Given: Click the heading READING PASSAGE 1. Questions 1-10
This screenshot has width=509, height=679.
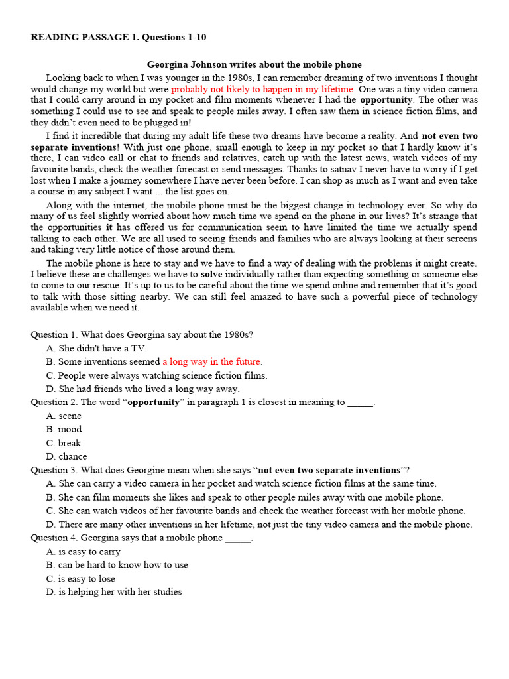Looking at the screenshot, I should pyautogui.click(x=119, y=37).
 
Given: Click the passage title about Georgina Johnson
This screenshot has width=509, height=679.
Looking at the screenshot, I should pyautogui.click(x=254, y=64).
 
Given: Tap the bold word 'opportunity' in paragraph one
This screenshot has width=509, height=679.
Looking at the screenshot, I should pyautogui.click(x=386, y=100).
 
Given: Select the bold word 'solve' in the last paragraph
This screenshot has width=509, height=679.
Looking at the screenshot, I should pyautogui.click(x=211, y=274).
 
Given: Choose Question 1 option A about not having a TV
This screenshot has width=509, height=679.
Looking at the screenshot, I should pyautogui.click(x=97, y=348).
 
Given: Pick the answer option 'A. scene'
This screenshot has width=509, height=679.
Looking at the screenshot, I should pyautogui.click(x=64, y=416).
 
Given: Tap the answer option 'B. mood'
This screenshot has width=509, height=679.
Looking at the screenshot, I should pyautogui.click(x=64, y=429).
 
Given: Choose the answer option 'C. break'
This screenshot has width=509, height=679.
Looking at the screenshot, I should pyautogui.click(x=64, y=443).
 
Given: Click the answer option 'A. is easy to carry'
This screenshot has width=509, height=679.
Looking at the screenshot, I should pyautogui.click(x=84, y=552).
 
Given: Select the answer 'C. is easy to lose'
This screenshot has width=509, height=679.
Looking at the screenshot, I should pyautogui.click(x=81, y=579).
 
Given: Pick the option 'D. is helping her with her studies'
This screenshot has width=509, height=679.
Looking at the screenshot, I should pyautogui.click(x=114, y=592).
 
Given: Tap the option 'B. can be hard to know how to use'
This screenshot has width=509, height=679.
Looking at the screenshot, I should pyautogui.click(x=117, y=565).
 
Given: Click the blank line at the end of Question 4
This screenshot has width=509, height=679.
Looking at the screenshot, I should pyautogui.click(x=238, y=539).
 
